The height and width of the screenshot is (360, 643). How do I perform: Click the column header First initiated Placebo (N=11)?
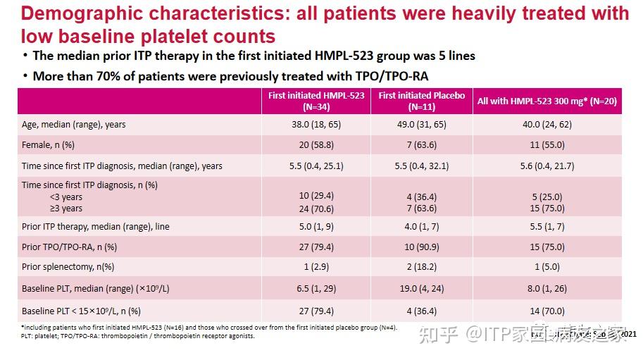point(421,101)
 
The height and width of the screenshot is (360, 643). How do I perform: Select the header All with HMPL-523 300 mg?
point(547,101)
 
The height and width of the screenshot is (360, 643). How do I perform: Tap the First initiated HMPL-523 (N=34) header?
point(316,101)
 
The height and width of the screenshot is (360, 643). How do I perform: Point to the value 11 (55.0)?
point(547,144)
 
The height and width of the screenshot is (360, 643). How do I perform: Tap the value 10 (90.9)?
point(421,247)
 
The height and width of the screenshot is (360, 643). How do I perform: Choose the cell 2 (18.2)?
point(421,267)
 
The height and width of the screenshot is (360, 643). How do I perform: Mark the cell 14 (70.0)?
point(547,310)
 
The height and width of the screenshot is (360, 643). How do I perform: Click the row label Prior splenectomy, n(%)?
point(68,267)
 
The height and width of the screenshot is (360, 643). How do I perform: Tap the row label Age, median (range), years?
point(74,124)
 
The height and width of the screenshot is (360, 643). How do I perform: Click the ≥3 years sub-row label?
point(65,208)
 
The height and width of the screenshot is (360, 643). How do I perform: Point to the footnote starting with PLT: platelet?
point(137,335)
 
